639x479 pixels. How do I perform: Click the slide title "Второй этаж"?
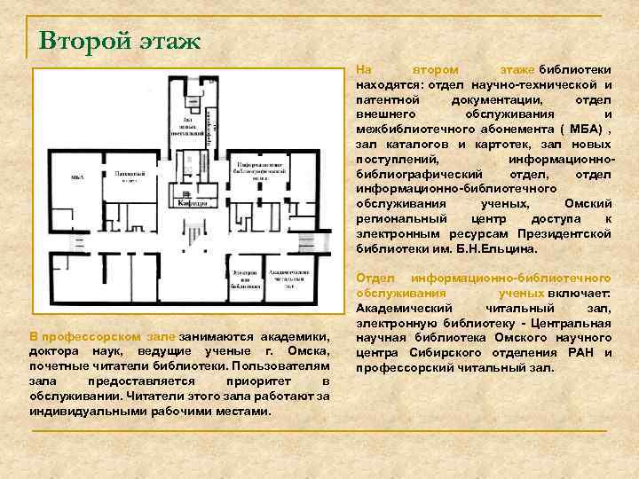(120, 40)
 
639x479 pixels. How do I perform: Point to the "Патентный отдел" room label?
(123, 177)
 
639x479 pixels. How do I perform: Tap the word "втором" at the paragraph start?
(435, 69)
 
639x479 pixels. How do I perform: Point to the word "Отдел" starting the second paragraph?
(374, 279)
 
